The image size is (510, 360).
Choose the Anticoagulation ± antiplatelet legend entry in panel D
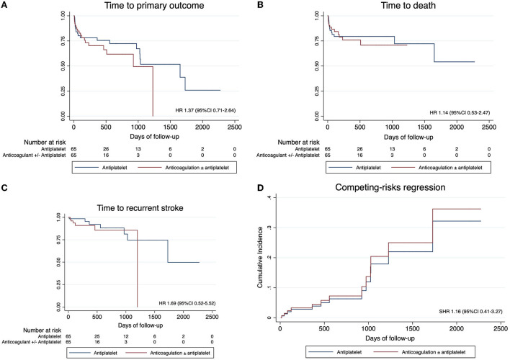428,352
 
